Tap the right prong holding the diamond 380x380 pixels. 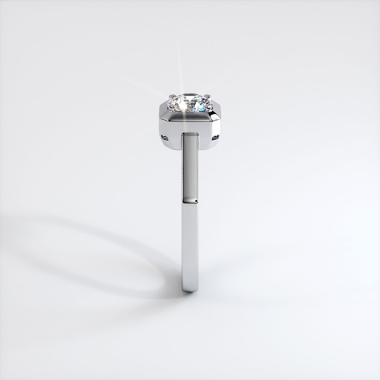coord(207,96)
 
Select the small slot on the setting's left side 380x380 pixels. coord(164,138)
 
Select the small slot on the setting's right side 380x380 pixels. coord(215,137)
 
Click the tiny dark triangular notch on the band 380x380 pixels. coord(195,201)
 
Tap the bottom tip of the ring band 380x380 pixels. coord(190,290)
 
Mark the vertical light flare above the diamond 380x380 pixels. coord(179,66)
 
